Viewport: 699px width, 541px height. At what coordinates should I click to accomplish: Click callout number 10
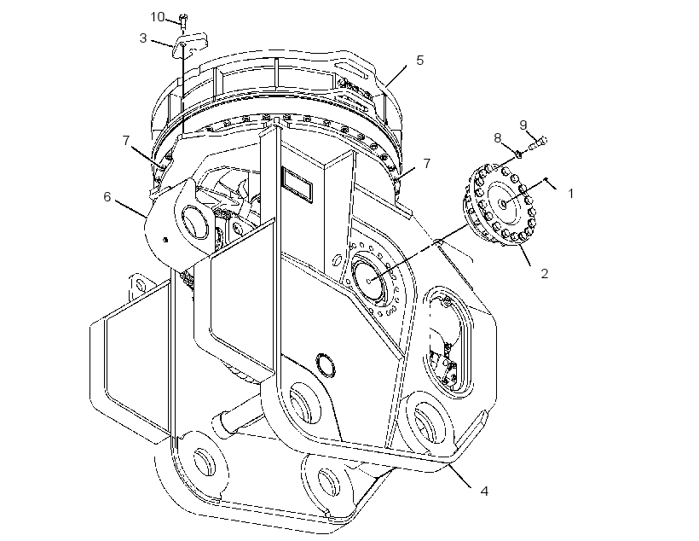[x=158, y=17]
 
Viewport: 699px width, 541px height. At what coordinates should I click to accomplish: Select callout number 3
[x=142, y=38]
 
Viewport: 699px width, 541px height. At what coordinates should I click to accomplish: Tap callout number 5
[x=420, y=61]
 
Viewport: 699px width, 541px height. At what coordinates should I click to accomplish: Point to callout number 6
[x=107, y=197]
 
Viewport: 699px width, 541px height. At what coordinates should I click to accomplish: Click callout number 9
[x=523, y=125]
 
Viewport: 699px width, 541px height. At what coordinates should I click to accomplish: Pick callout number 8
[x=498, y=138]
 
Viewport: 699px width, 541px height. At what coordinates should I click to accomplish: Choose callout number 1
[x=570, y=194]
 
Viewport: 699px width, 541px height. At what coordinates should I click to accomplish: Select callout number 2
[x=545, y=274]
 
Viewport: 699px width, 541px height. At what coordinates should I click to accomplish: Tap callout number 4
[x=484, y=492]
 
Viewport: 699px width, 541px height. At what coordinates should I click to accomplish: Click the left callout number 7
[x=126, y=141]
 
